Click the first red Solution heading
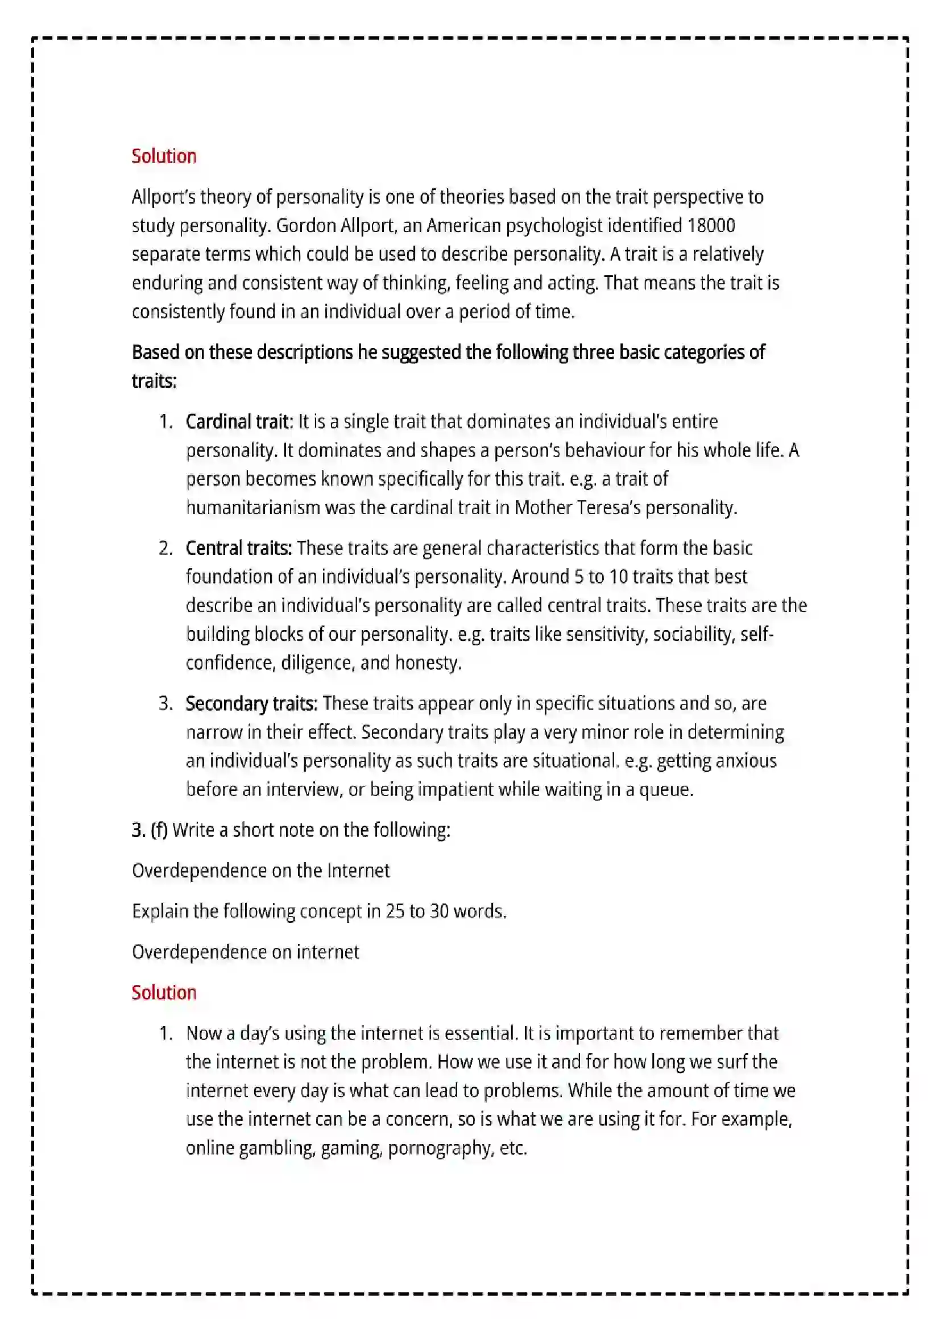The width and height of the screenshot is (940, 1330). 164,156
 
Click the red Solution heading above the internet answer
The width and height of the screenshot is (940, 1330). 164,992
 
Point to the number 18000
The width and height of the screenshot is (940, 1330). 711,225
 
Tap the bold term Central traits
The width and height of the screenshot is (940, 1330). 239,548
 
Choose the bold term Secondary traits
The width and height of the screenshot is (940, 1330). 251,703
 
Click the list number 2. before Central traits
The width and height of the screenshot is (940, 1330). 165,548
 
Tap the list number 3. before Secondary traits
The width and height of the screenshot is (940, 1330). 165,703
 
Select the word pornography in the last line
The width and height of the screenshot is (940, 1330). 439,1148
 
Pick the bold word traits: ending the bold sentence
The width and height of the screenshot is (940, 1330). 154,381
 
